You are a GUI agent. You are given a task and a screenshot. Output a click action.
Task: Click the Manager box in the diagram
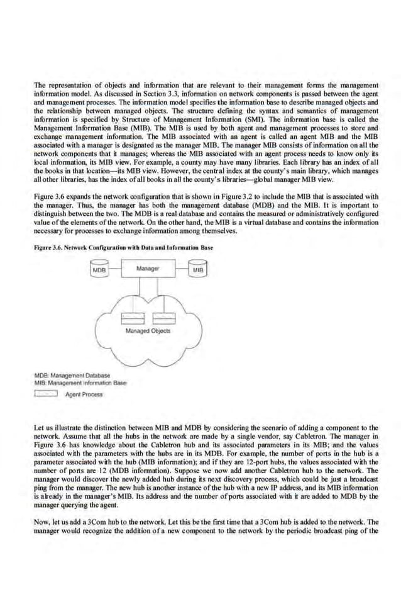click(x=149, y=269)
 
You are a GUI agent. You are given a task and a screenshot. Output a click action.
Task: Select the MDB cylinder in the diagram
click(x=99, y=270)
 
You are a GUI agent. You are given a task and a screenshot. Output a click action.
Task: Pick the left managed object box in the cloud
click(x=136, y=316)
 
